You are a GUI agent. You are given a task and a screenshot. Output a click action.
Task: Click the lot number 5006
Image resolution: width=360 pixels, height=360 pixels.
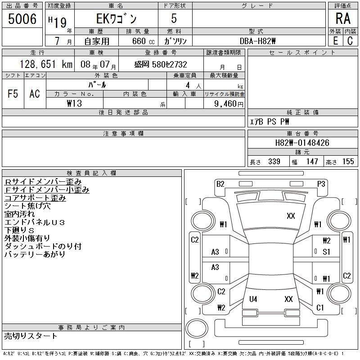[22, 19]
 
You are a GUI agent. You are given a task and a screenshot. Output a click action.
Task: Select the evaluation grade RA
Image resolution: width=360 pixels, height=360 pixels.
[343, 19]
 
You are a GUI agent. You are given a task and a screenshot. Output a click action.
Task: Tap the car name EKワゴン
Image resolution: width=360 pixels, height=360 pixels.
[116, 19]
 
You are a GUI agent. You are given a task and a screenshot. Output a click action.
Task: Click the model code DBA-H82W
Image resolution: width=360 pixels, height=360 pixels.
[258, 41]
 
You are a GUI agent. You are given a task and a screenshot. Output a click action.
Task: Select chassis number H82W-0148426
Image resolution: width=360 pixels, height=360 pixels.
[302, 143]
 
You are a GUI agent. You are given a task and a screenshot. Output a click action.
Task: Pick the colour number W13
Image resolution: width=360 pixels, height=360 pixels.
[74, 103]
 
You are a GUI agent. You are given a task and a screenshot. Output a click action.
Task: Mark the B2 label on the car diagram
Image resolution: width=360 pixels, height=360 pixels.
[220, 184]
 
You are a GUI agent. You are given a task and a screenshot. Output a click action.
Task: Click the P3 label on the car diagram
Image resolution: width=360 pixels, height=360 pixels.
[321, 184]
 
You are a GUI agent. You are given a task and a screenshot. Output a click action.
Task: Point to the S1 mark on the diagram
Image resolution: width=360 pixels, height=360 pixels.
[326, 252]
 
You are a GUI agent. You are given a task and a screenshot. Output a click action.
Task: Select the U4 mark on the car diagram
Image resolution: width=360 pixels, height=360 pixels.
[253, 299]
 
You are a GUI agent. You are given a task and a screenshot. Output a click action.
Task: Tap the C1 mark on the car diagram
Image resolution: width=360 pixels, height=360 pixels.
[320, 308]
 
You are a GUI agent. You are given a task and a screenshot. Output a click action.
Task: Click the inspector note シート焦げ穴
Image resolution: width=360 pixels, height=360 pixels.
[27, 206]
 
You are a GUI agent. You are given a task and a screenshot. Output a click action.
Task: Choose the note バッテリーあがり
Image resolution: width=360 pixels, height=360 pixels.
[35, 254]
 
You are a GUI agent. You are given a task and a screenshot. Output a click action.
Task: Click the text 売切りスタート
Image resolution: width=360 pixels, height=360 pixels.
[31, 336]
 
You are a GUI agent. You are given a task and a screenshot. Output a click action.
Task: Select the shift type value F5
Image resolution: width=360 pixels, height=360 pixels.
[13, 94]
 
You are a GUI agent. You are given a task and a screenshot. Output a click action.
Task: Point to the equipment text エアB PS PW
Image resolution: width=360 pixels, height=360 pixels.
[270, 121]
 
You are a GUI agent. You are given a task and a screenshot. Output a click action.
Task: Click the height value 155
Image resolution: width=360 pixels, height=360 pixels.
[348, 162]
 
